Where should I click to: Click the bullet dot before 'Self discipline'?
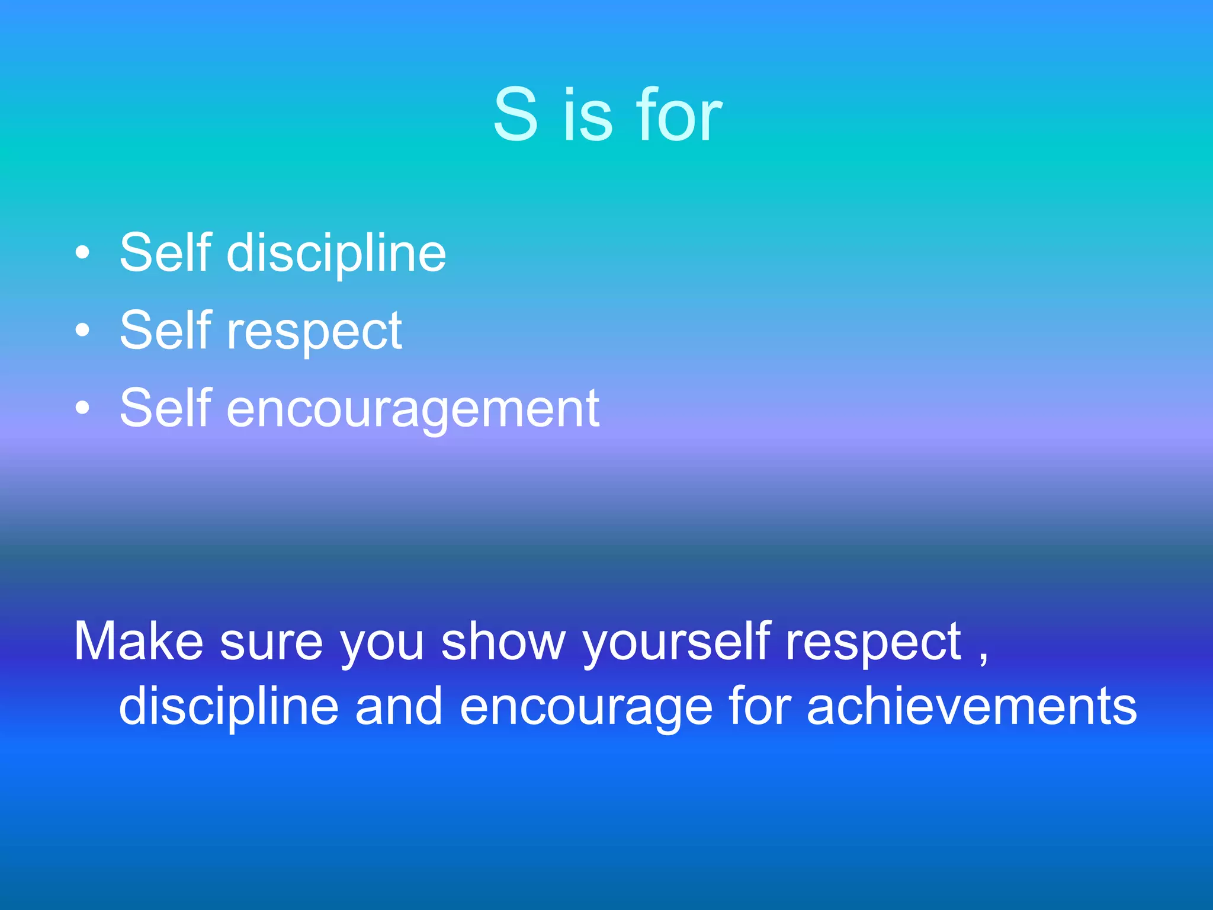83,253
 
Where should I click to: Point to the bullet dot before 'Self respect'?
83,331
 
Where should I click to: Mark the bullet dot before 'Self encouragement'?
83,408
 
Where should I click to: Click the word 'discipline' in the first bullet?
336,254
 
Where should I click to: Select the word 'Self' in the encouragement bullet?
165,408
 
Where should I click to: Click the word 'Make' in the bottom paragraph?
139,641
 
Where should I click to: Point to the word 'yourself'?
676,642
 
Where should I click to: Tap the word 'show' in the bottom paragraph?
503,641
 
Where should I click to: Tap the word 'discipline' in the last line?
229,706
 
